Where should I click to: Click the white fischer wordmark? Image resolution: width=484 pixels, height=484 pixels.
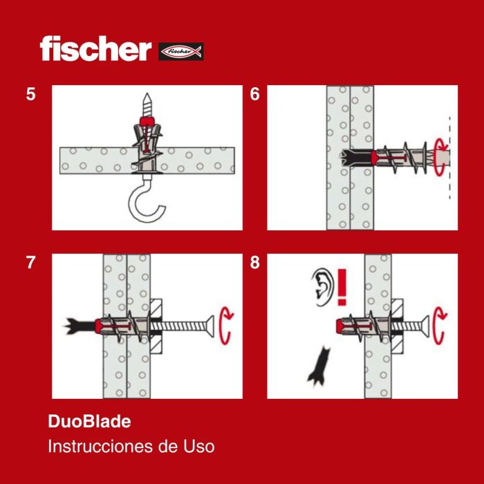tap(95, 49)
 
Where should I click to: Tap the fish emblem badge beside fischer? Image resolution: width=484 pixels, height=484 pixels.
tap(181, 51)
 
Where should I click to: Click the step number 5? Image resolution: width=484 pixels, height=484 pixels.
tap(30, 95)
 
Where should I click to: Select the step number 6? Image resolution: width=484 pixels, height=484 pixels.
tap(255, 95)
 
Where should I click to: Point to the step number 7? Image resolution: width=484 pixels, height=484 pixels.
tap(30, 263)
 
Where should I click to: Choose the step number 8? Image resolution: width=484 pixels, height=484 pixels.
tap(255, 263)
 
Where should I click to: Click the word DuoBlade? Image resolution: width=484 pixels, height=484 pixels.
tap(89, 420)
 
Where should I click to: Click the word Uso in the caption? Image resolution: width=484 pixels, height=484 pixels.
tap(198, 447)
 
